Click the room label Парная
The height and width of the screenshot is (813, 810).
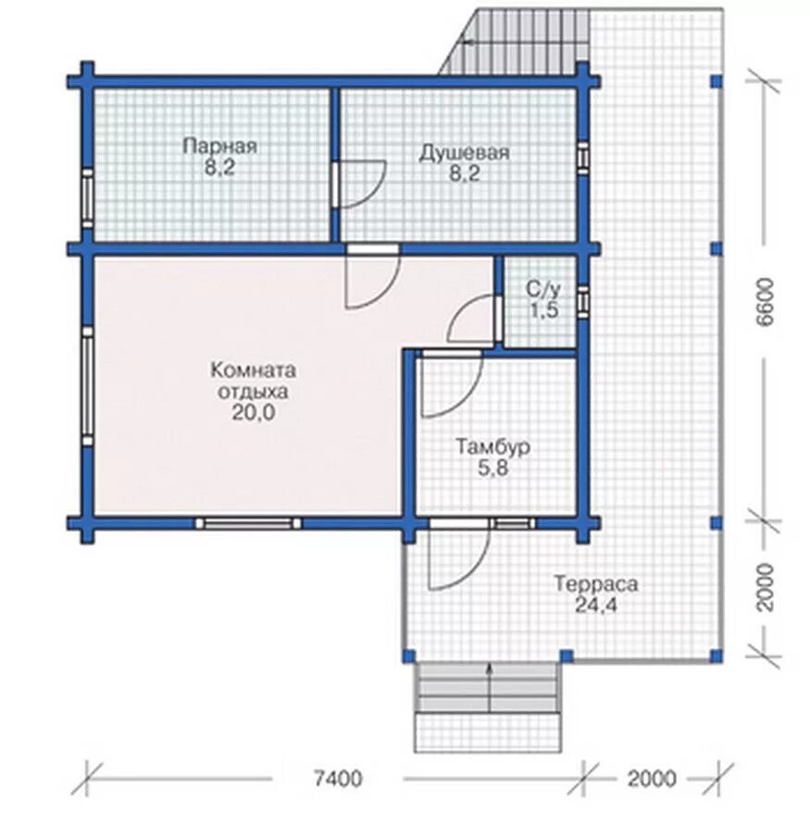[219, 145]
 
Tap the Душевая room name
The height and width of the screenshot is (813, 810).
[465, 153]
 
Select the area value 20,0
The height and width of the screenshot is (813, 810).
[253, 413]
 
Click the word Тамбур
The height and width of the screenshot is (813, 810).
[492, 446]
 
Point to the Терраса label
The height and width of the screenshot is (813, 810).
[596, 584]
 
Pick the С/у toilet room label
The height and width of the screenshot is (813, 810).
[542, 289]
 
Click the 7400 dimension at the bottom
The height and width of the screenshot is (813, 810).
[339, 778]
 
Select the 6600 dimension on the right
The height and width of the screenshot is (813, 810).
[765, 302]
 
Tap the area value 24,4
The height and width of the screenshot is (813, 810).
[596, 605]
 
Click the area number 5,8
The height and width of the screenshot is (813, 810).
[492, 468]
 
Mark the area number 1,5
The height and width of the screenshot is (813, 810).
[543, 310]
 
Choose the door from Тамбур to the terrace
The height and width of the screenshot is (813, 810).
[458, 555]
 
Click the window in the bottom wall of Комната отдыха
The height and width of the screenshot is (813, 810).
[248, 523]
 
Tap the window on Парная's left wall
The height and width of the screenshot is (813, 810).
[88, 198]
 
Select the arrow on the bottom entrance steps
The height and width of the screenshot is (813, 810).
[490, 686]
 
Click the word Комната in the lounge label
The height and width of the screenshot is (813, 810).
[254, 370]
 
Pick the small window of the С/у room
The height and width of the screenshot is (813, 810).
[583, 301]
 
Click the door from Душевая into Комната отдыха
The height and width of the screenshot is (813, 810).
[373, 277]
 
